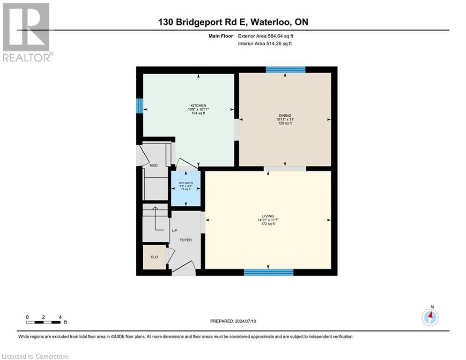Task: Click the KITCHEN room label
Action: tap(198, 105)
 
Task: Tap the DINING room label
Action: tap(285, 115)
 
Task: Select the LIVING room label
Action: tap(268, 216)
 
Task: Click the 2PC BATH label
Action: tap(186, 183)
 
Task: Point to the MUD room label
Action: tap(153, 165)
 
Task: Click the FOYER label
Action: tap(185, 240)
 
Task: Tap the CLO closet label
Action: tap(154, 257)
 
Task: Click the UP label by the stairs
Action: tap(174, 231)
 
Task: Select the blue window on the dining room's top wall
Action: tap(286, 70)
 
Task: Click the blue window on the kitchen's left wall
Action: tap(139, 105)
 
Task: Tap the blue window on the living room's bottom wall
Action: tap(269, 272)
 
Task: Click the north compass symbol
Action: tap(430, 316)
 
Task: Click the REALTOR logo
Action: tap(27, 32)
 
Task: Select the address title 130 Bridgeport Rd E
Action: tap(233, 22)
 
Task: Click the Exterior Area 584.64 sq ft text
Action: tap(266, 36)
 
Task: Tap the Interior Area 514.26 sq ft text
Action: tap(265, 44)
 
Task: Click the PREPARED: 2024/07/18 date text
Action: tap(234, 321)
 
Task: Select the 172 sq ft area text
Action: tap(268, 224)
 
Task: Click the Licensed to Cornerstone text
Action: tap(35, 357)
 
